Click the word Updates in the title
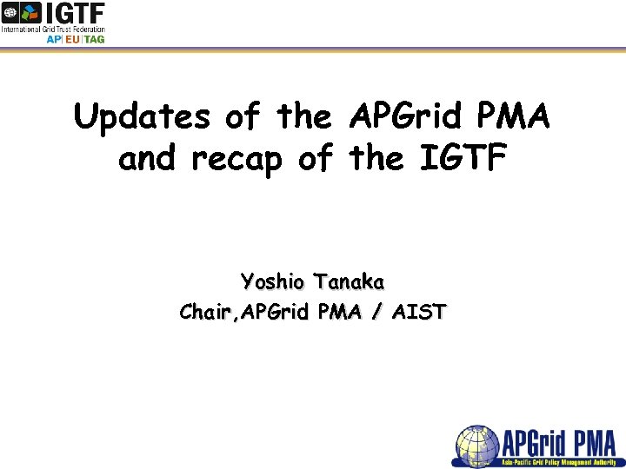point(141,117)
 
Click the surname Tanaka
point(350,283)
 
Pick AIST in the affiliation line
point(418,312)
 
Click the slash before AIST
point(376,312)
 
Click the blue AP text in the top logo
point(54,39)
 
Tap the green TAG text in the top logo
point(94,39)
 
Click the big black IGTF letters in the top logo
point(76,13)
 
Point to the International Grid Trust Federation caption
point(52,29)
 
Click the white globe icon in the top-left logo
point(10,12)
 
